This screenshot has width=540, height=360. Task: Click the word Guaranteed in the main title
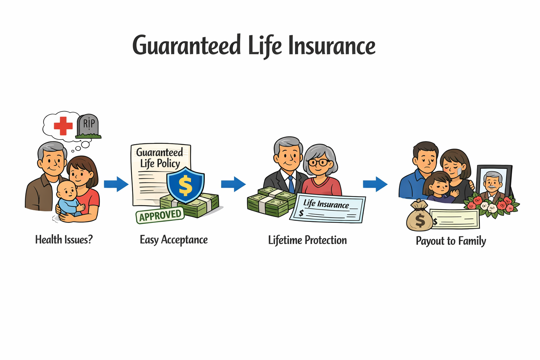[186, 46]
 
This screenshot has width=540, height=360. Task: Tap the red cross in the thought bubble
[63, 126]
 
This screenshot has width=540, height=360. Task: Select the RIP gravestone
[88, 126]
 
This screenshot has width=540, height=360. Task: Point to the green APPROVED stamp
[160, 215]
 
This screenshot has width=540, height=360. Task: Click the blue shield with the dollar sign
[185, 185]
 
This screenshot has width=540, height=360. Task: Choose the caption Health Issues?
[64, 240]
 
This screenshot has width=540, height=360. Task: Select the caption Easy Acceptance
[174, 240]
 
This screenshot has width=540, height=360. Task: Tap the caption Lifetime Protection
[307, 240]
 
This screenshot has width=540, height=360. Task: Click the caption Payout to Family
[451, 241]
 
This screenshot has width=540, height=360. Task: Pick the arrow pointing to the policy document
[116, 184]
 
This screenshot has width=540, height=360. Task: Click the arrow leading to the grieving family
[375, 184]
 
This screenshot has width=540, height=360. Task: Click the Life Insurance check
[327, 208]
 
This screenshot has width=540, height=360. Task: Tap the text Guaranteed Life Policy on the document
[160, 158]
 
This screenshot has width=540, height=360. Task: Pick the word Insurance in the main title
[332, 46]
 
